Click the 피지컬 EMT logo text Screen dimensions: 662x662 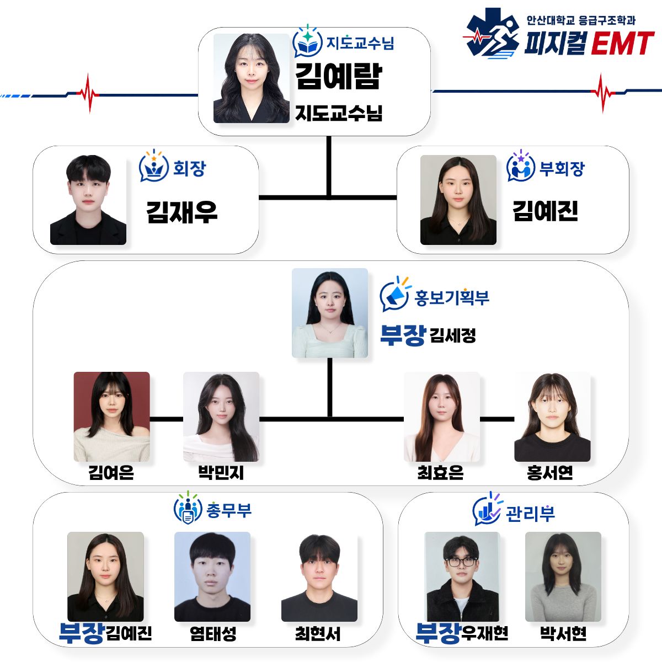click(x=589, y=43)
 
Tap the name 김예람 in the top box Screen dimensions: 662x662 click(x=338, y=76)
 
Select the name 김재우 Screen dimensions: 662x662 click(x=181, y=212)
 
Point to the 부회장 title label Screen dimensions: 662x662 click(x=562, y=168)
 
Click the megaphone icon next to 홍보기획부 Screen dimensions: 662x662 click(x=395, y=294)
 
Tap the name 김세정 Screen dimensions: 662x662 click(x=453, y=335)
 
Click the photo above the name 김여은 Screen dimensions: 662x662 click(x=111, y=417)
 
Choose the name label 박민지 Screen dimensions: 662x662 click(x=221, y=472)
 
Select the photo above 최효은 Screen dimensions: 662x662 click(x=441, y=417)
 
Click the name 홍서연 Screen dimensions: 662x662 click(x=549, y=472)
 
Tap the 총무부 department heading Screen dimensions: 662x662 click(x=229, y=510)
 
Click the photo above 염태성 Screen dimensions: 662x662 click(x=212, y=576)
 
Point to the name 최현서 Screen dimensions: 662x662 click(x=318, y=634)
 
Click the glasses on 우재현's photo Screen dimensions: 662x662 click(x=461, y=562)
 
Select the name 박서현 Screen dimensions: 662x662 click(x=563, y=634)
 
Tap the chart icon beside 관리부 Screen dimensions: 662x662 click(x=487, y=509)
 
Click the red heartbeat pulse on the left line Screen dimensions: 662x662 click(x=88, y=93)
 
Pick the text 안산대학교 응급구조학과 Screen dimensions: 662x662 click(x=581, y=20)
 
